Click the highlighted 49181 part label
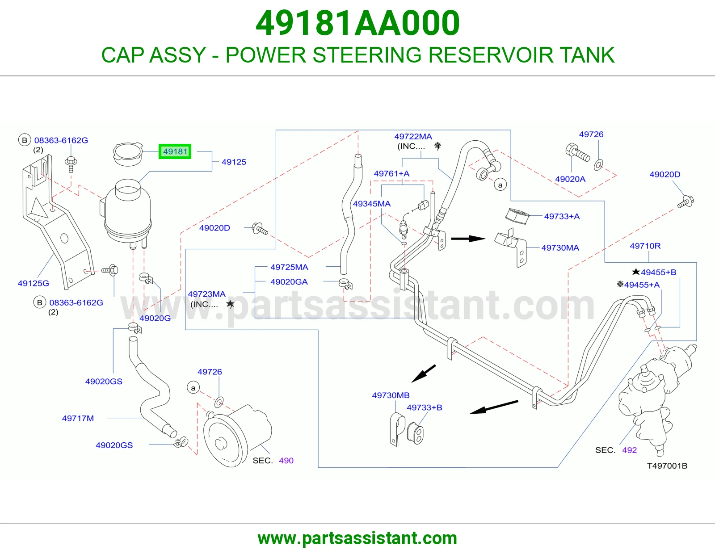[x=175, y=151]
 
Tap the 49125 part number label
[x=234, y=162]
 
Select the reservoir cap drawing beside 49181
[x=128, y=154]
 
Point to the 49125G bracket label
[x=33, y=283]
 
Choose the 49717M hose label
[x=78, y=418]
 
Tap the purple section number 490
[x=286, y=460]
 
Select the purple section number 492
[x=630, y=450]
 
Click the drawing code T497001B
[x=667, y=466]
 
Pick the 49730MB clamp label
[x=391, y=395]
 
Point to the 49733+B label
[x=425, y=407]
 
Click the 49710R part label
[x=645, y=246]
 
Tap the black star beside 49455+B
[x=636, y=272]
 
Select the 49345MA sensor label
[x=372, y=204]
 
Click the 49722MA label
[x=413, y=136]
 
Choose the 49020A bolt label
[x=570, y=179]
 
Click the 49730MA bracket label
[x=560, y=248]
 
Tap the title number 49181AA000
[x=357, y=23]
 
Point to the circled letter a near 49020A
[x=500, y=185]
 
